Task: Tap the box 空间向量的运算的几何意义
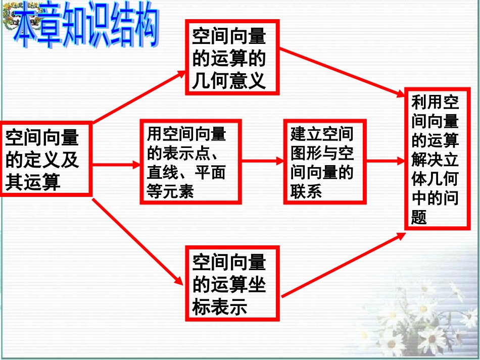(x=232, y=57)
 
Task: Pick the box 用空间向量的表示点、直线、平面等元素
(x=190, y=162)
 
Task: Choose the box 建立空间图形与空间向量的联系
(x=324, y=162)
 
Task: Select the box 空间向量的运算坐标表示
(x=232, y=283)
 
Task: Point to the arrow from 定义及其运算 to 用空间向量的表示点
(x=116, y=165)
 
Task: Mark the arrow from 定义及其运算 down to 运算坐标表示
(x=136, y=241)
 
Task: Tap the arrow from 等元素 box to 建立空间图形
(x=262, y=161)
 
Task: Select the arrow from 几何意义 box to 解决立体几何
(x=344, y=72)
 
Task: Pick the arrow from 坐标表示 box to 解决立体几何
(x=344, y=265)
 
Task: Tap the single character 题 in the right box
(x=419, y=217)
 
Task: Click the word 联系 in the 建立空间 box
(x=306, y=192)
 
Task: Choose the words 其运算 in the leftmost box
(x=33, y=182)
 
